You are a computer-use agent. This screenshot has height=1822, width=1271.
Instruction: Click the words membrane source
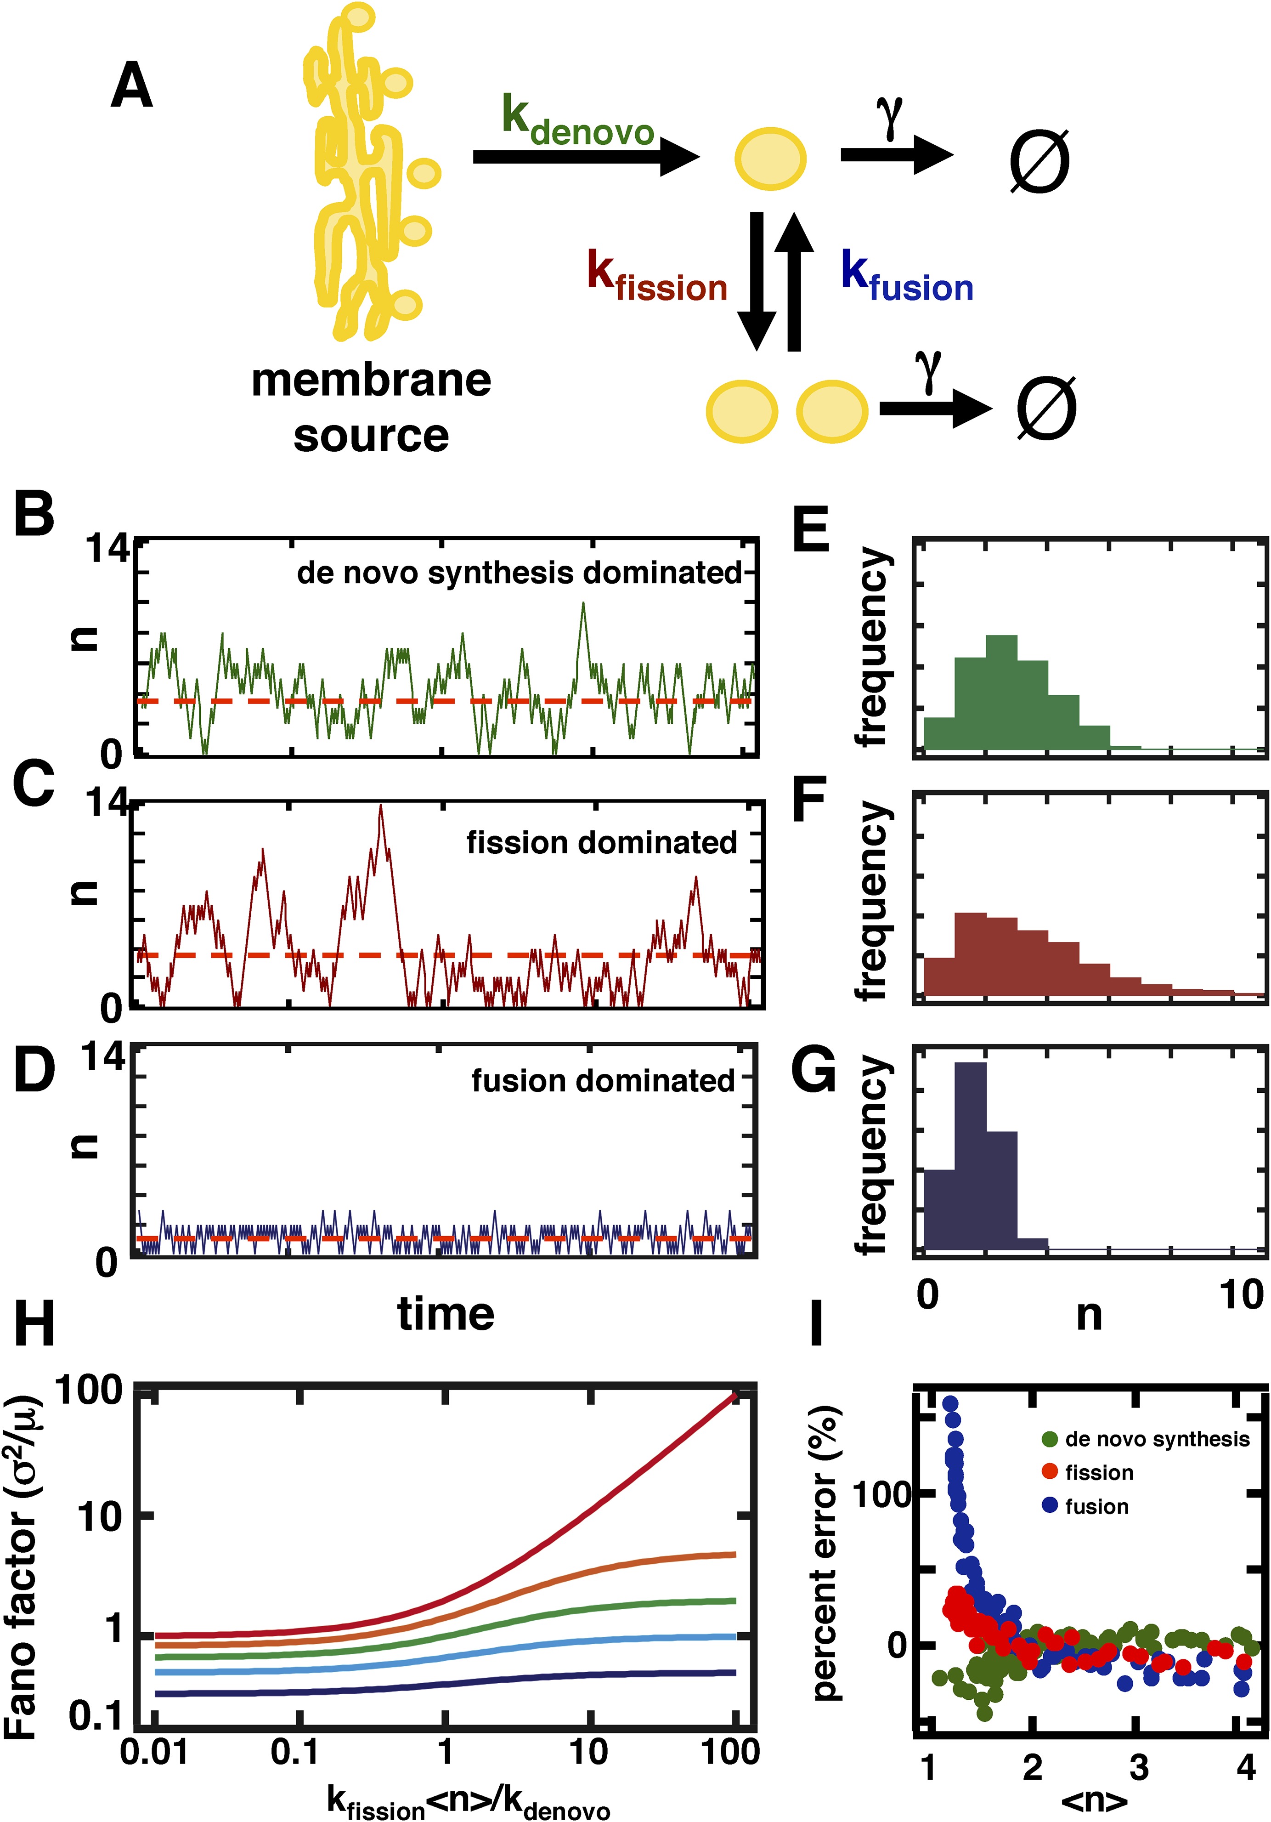(x=371, y=407)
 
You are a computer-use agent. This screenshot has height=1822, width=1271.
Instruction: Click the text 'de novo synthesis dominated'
(x=519, y=573)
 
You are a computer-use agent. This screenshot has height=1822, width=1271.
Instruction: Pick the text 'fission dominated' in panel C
(x=601, y=843)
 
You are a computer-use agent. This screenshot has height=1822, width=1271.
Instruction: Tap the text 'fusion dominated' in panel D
(x=603, y=1081)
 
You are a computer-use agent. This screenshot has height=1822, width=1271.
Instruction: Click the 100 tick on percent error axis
(x=880, y=1496)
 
